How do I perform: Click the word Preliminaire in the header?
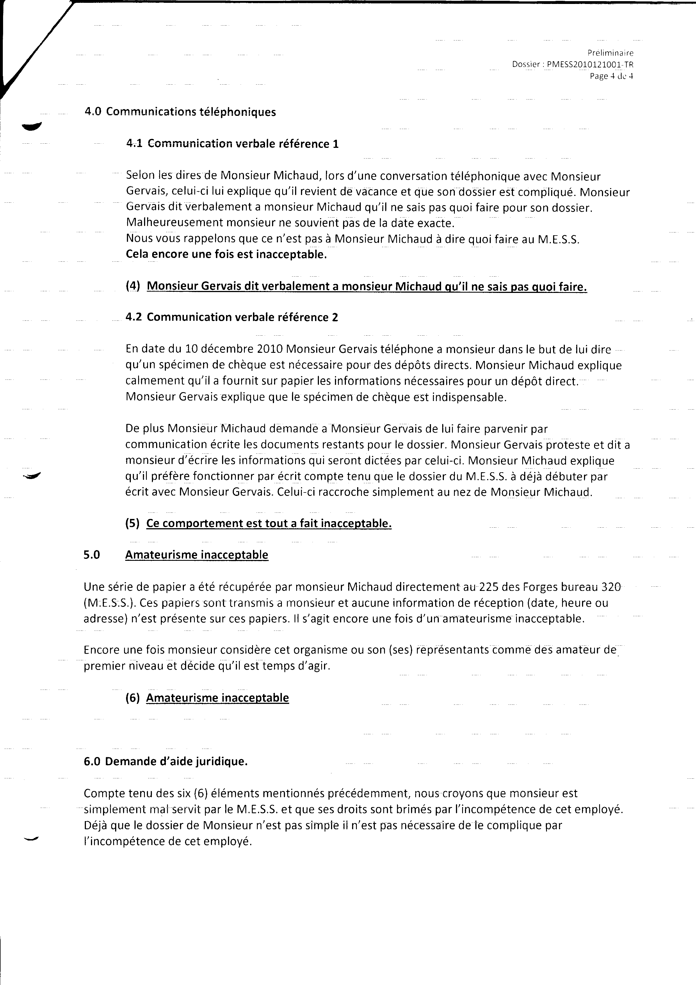(610, 53)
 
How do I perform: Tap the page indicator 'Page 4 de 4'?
(611, 76)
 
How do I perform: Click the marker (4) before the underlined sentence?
(133, 286)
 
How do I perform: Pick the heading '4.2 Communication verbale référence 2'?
(232, 317)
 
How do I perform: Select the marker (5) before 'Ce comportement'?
(133, 524)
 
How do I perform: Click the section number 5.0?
(92, 555)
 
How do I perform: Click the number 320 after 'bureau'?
(611, 587)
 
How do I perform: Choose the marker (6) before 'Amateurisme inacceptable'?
(133, 698)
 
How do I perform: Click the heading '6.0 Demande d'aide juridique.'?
(166, 762)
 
